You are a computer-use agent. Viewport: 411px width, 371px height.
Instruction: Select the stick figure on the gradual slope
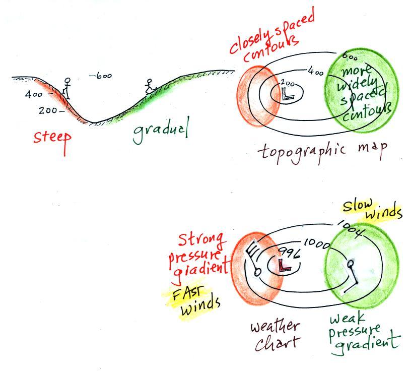(149, 87)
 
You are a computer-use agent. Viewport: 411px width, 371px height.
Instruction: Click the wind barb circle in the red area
(257, 272)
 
